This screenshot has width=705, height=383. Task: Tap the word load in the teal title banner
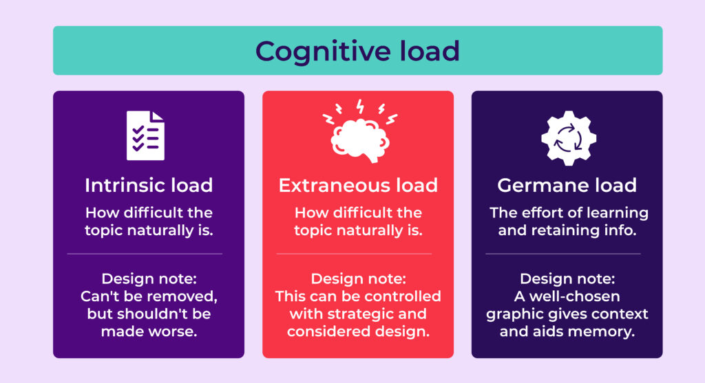(x=430, y=50)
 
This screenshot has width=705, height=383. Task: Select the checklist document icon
(x=145, y=135)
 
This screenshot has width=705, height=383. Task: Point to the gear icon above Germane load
(x=569, y=138)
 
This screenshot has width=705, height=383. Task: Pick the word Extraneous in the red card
(x=333, y=186)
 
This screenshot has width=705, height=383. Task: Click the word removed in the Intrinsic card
(x=182, y=296)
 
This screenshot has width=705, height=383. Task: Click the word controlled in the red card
(x=401, y=296)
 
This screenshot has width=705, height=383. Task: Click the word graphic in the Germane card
(x=512, y=314)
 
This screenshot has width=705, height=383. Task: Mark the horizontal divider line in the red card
(x=354, y=254)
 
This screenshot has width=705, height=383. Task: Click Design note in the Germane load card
(x=567, y=279)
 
